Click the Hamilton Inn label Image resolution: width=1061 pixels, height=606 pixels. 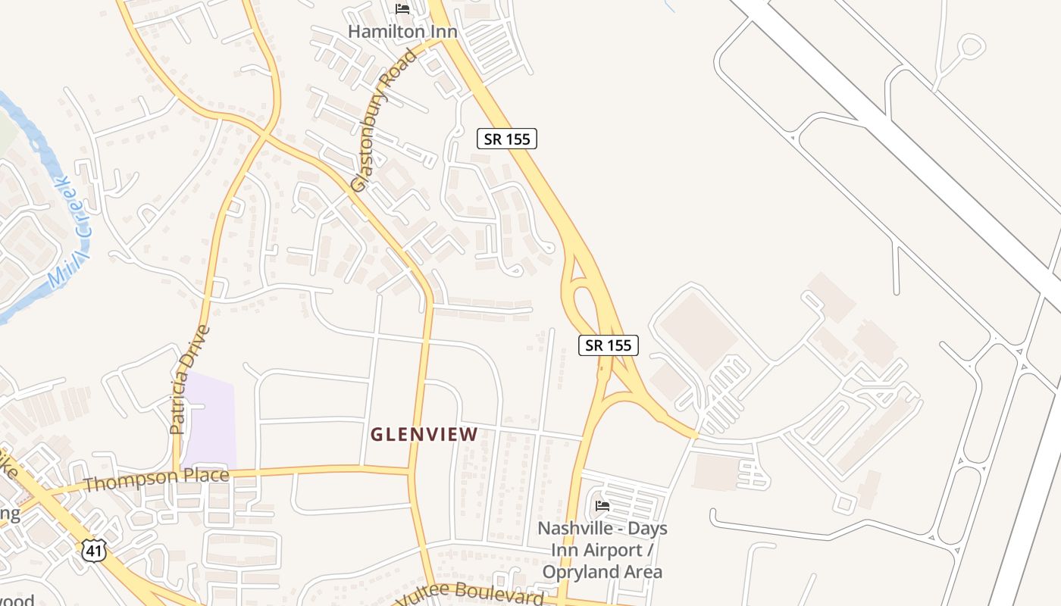[402, 32]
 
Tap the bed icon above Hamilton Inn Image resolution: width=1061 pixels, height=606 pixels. [402, 9]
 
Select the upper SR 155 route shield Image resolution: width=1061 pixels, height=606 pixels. [507, 139]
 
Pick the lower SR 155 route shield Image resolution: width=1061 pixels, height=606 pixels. [609, 345]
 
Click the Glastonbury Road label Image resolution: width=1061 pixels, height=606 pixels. [384, 120]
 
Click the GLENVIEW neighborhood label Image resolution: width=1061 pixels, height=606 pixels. [424, 435]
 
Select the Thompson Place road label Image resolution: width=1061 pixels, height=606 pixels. [156, 479]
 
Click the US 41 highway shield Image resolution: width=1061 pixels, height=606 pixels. [94, 550]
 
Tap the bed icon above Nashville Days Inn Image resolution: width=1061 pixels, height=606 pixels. [602, 505]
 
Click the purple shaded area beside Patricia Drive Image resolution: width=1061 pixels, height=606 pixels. [209, 421]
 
